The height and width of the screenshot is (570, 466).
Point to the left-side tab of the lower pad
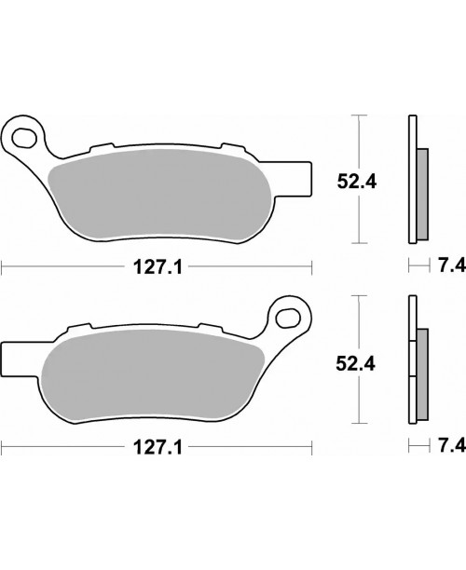(x=12, y=356)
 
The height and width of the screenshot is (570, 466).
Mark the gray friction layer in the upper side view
(x=420, y=191)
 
